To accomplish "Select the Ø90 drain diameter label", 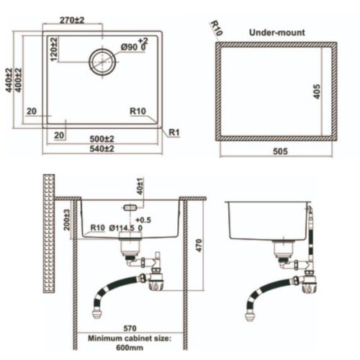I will point(133,47).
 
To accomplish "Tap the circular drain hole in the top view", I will point(102,61).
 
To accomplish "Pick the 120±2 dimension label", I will point(55,48).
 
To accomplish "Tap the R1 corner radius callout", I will point(174,132).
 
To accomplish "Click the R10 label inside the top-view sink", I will point(138,112).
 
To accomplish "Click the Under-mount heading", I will point(276,32).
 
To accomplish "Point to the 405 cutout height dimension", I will point(316,90).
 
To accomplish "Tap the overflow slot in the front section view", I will point(131,206).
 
